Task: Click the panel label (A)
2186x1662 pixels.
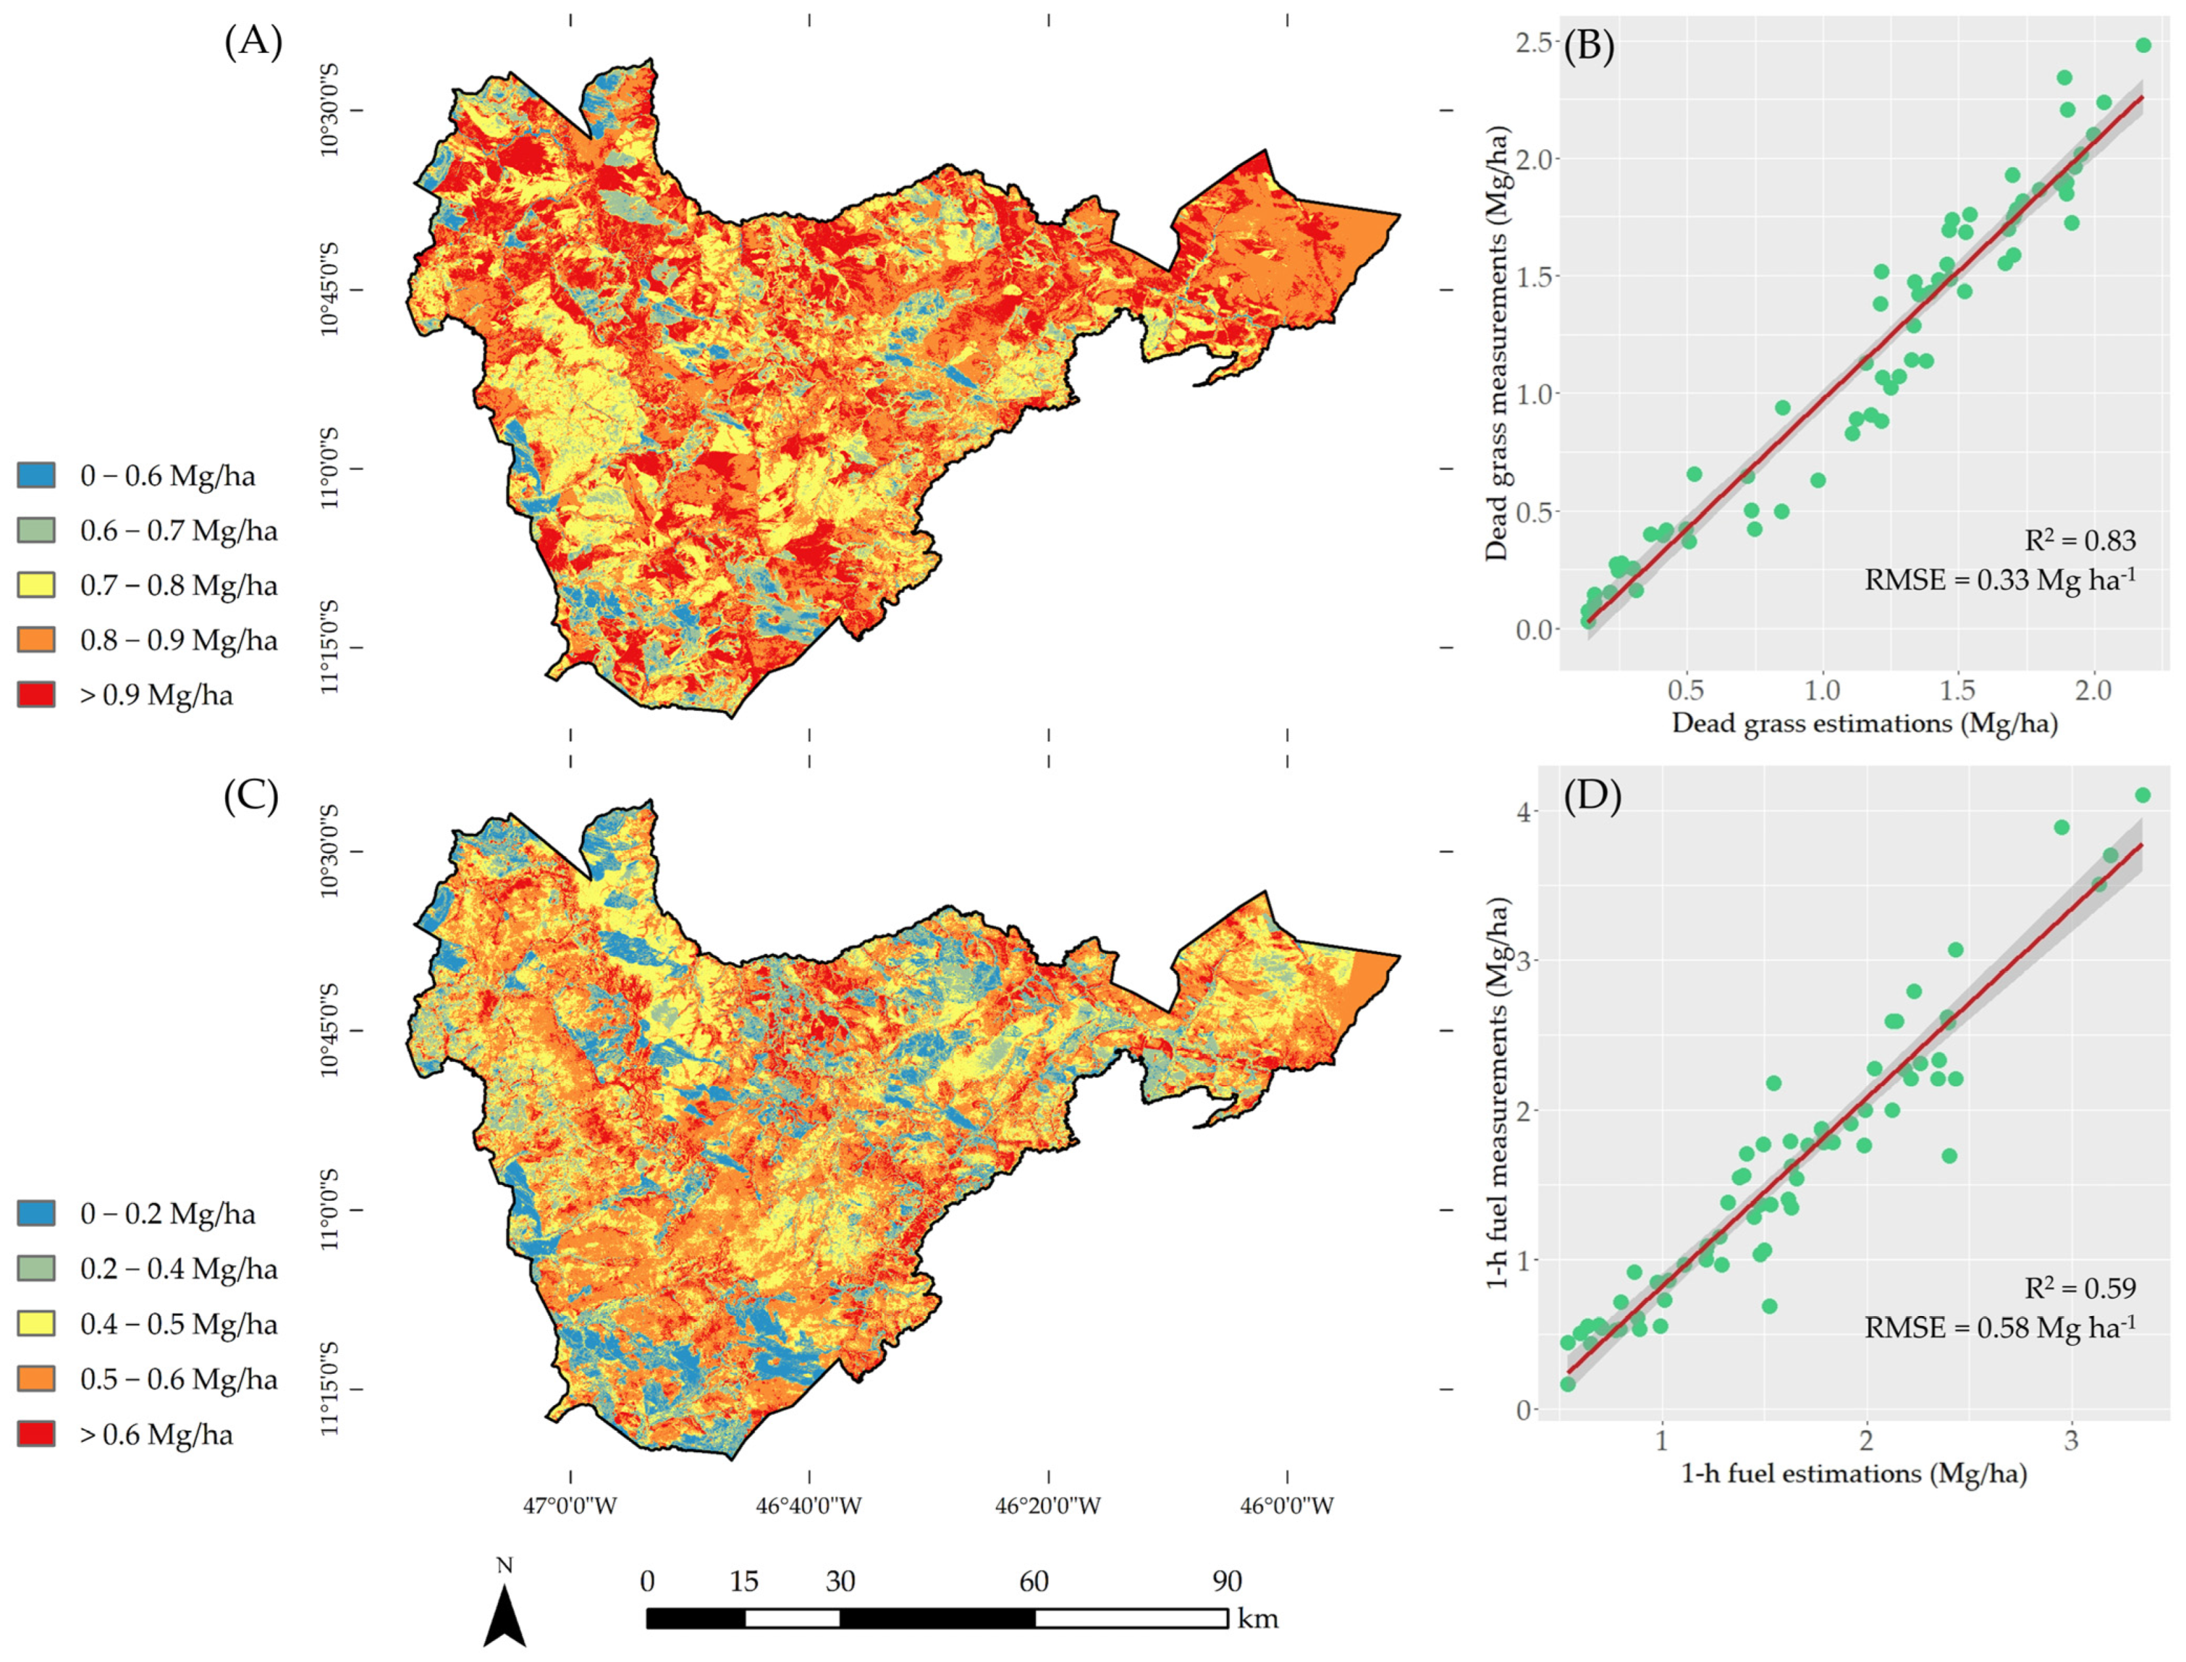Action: [254, 43]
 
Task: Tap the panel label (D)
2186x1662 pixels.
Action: [1592, 797]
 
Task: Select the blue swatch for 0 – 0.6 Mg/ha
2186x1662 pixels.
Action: [37, 475]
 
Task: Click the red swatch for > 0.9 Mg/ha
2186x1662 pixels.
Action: [37, 694]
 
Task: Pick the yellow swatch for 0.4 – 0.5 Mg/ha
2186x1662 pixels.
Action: [37, 1324]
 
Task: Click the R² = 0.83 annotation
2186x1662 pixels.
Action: [2080, 540]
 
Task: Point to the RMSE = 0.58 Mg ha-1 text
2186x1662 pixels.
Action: [2000, 1327]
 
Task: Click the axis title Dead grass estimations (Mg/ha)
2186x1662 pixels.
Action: [1864, 723]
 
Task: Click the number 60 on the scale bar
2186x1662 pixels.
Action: [1034, 1581]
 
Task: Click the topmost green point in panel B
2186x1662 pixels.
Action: [2143, 45]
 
